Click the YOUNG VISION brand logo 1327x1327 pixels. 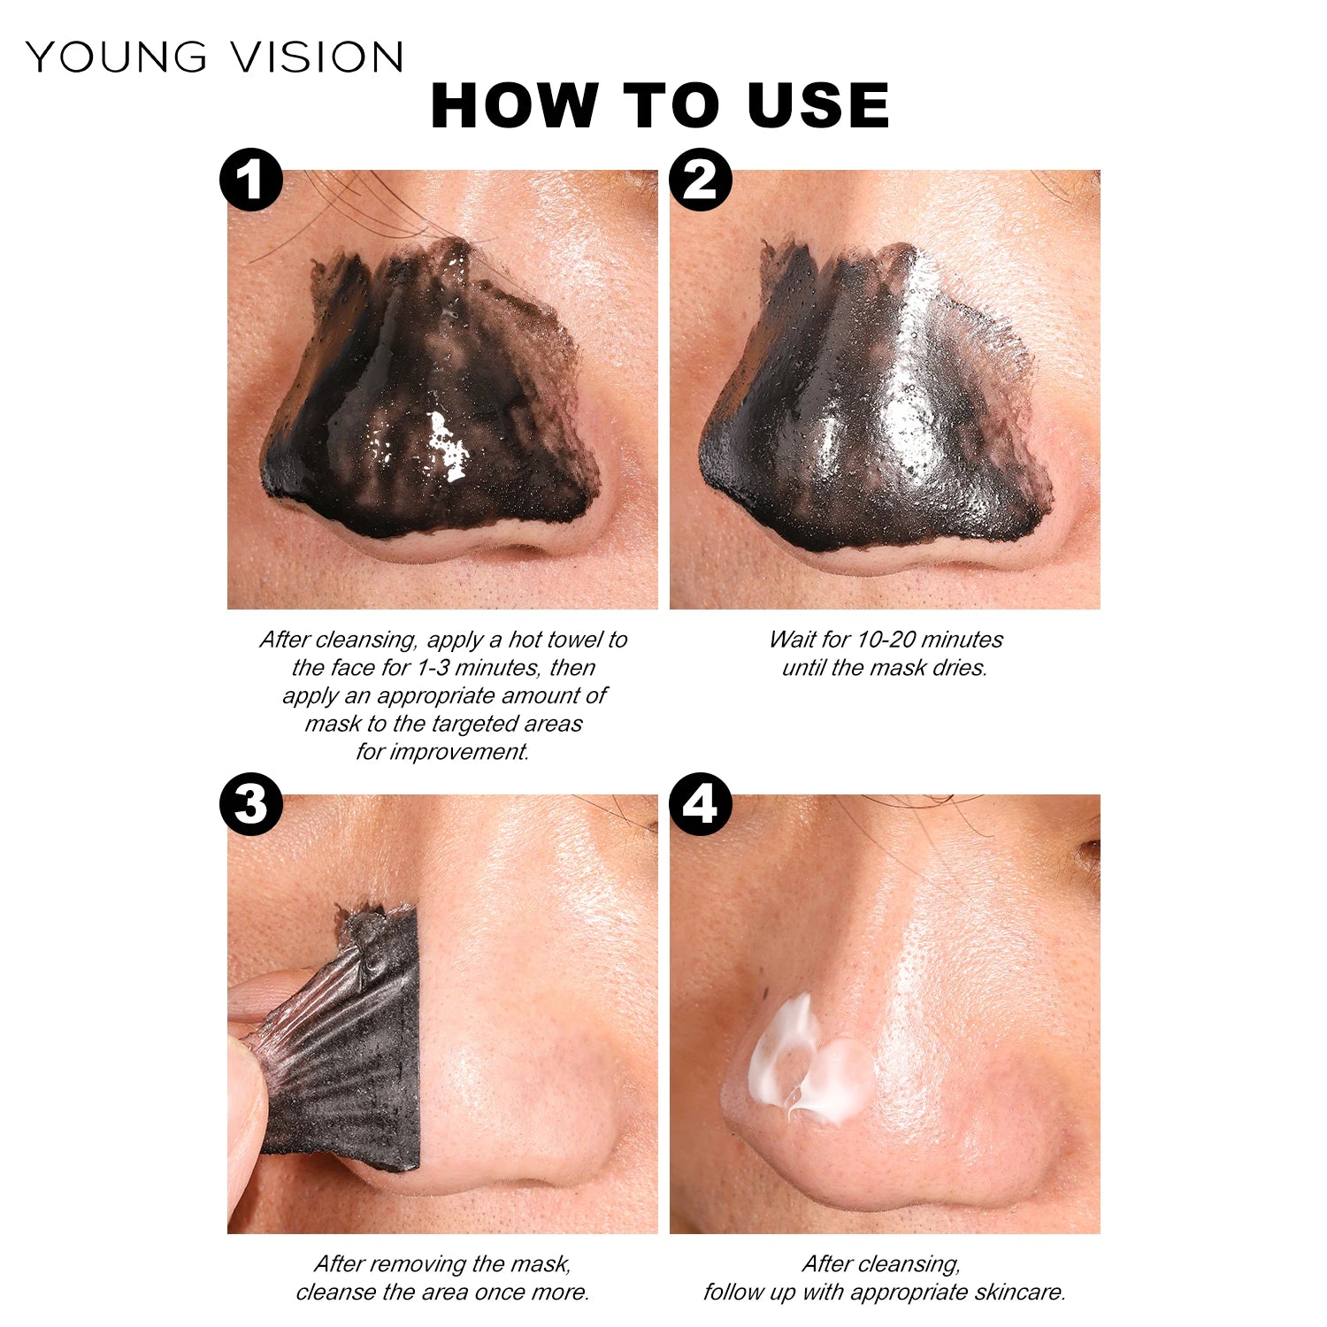coord(215,57)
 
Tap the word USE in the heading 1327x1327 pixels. coord(817,105)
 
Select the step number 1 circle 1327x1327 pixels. coord(251,180)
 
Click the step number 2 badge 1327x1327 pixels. coord(701,180)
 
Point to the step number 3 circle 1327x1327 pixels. coord(251,804)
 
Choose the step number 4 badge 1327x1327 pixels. coord(701,804)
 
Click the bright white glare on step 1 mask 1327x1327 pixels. coord(447,445)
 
